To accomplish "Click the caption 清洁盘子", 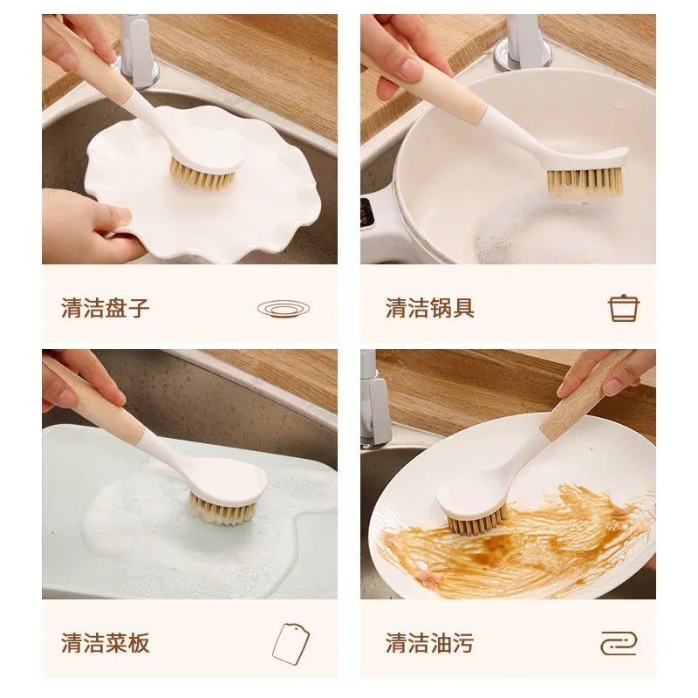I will coord(106,307).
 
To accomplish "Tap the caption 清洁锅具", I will coord(430,307).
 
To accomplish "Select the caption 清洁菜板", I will coord(106,643).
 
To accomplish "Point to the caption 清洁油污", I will coord(430,643).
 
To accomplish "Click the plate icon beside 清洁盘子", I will coord(284,308).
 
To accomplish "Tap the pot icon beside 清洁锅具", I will coord(623,308).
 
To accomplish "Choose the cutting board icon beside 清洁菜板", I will coord(291,644).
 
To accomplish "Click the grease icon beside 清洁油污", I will coord(619,644).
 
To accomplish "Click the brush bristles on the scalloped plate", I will coord(202,177).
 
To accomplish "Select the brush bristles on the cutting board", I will coord(223,509).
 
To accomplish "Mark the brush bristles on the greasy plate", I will coord(476,523).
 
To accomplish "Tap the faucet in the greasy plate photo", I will coord(373,401).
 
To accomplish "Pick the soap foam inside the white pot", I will coord(523,231).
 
